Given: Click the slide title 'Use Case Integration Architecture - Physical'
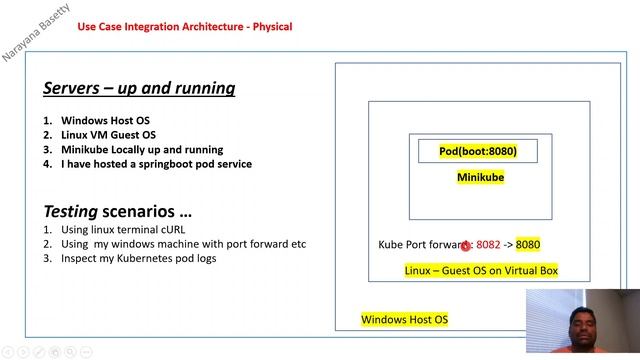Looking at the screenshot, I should pyautogui.click(x=185, y=27).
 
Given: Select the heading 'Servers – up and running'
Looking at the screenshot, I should pyautogui.click(x=139, y=88).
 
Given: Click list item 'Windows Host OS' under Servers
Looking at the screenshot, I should pyautogui.click(x=105, y=121).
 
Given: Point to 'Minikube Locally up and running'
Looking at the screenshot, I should pyautogui.click(x=142, y=150).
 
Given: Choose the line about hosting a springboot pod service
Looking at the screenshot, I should pyautogui.click(x=156, y=164).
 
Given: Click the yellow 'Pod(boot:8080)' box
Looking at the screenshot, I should pyautogui.click(x=478, y=151).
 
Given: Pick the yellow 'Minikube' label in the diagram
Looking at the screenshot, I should pyautogui.click(x=480, y=177).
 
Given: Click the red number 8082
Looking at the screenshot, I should pyautogui.click(x=488, y=244).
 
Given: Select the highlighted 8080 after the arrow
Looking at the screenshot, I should pyautogui.click(x=528, y=244).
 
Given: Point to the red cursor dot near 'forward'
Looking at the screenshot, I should pyautogui.click(x=465, y=245).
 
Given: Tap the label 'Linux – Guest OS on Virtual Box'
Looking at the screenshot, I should pyautogui.click(x=481, y=270).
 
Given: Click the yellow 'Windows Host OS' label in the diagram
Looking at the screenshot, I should pyautogui.click(x=405, y=320).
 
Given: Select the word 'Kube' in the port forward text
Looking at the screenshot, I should pyautogui.click(x=390, y=244).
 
